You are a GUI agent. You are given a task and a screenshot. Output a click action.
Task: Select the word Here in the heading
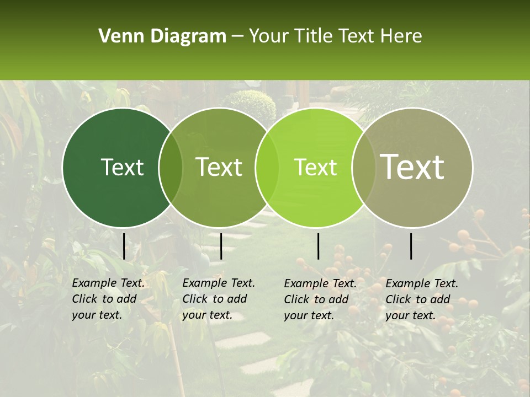[x=402, y=36]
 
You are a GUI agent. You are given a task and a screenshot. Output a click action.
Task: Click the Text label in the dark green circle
[x=122, y=167]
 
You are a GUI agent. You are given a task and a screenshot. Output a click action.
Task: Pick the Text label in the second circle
[x=219, y=167]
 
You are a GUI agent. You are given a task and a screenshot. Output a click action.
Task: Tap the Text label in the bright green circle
[x=315, y=167]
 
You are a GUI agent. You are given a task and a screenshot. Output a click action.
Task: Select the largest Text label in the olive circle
[x=412, y=167]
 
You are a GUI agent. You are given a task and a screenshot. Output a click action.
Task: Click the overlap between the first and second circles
[x=171, y=168]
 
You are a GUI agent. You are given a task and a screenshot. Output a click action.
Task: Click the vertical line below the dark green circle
[x=124, y=246]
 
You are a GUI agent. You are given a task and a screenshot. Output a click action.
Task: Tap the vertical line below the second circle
[x=221, y=246]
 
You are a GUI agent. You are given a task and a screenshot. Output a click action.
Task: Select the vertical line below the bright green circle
[x=318, y=246]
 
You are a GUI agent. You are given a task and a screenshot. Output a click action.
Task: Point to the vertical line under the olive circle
[x=411, y=246]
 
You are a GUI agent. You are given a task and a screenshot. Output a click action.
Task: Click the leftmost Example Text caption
[x=108, y=299]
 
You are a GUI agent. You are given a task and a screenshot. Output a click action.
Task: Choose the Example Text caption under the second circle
[x=219, y=299]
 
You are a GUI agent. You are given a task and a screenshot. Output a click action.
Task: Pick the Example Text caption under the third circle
[x=320, y=299]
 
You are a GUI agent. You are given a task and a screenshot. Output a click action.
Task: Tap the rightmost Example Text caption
[x=422, y=299]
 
